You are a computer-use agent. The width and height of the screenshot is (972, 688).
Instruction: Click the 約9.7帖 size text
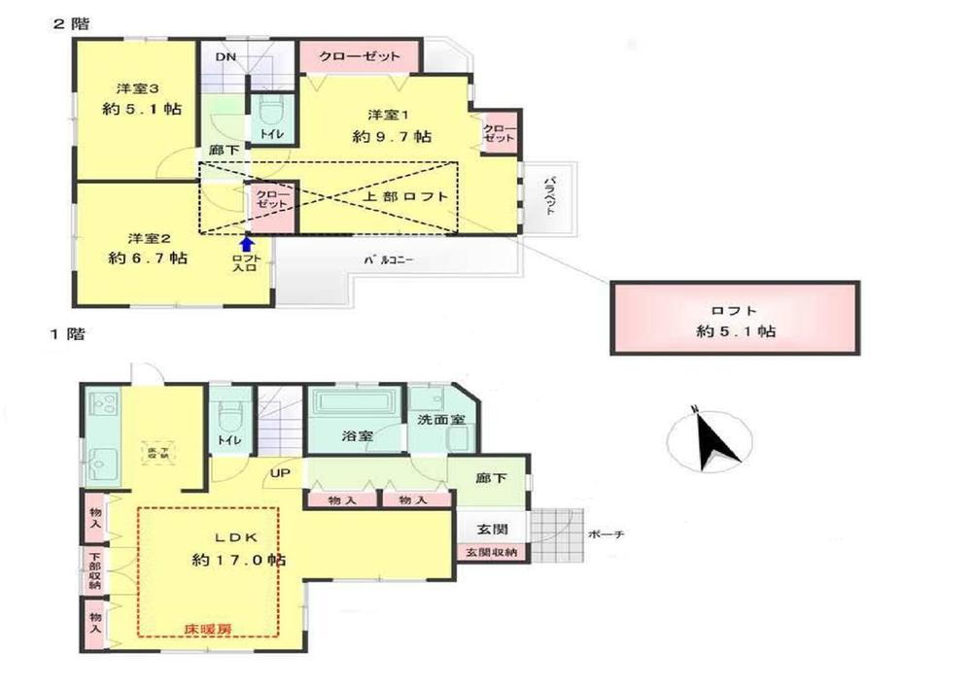392,137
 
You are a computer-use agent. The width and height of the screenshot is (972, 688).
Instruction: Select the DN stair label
225,56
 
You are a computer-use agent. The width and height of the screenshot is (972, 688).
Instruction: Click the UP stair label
280,474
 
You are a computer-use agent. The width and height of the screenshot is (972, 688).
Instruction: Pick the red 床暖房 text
208,629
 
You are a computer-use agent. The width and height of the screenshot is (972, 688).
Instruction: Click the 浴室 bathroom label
356,436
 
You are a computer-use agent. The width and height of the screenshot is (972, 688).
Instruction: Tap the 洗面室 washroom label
439,420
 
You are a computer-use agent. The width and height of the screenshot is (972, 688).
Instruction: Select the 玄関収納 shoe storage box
491,553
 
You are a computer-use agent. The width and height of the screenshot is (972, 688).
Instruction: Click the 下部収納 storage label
94,572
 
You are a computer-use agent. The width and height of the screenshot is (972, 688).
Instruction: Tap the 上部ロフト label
406,197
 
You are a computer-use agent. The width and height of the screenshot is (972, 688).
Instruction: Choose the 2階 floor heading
70,23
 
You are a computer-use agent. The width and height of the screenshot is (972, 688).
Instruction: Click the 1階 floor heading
68,335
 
